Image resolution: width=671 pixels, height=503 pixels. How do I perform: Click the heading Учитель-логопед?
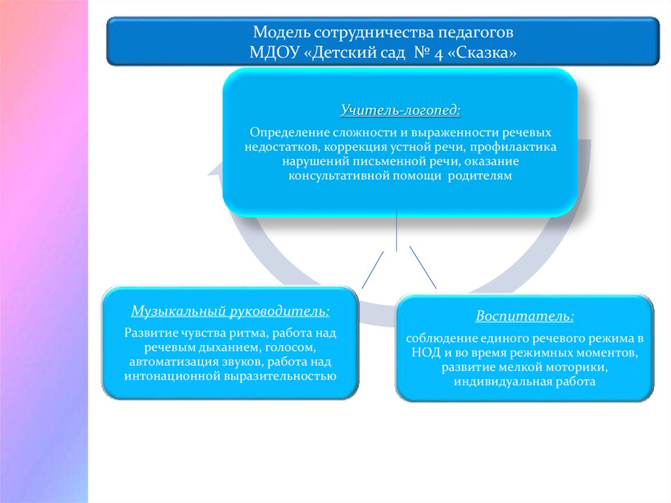click(x=400, y=108)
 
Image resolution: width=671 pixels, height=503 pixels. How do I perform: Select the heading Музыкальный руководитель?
click(x=230, y=309)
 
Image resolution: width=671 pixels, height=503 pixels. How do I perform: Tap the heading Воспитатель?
click(x=525, y=316)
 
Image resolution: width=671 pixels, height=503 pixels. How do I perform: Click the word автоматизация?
click(x=168, y=362)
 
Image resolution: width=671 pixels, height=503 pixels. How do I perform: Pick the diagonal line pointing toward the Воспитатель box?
click(x=423, y=267)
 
